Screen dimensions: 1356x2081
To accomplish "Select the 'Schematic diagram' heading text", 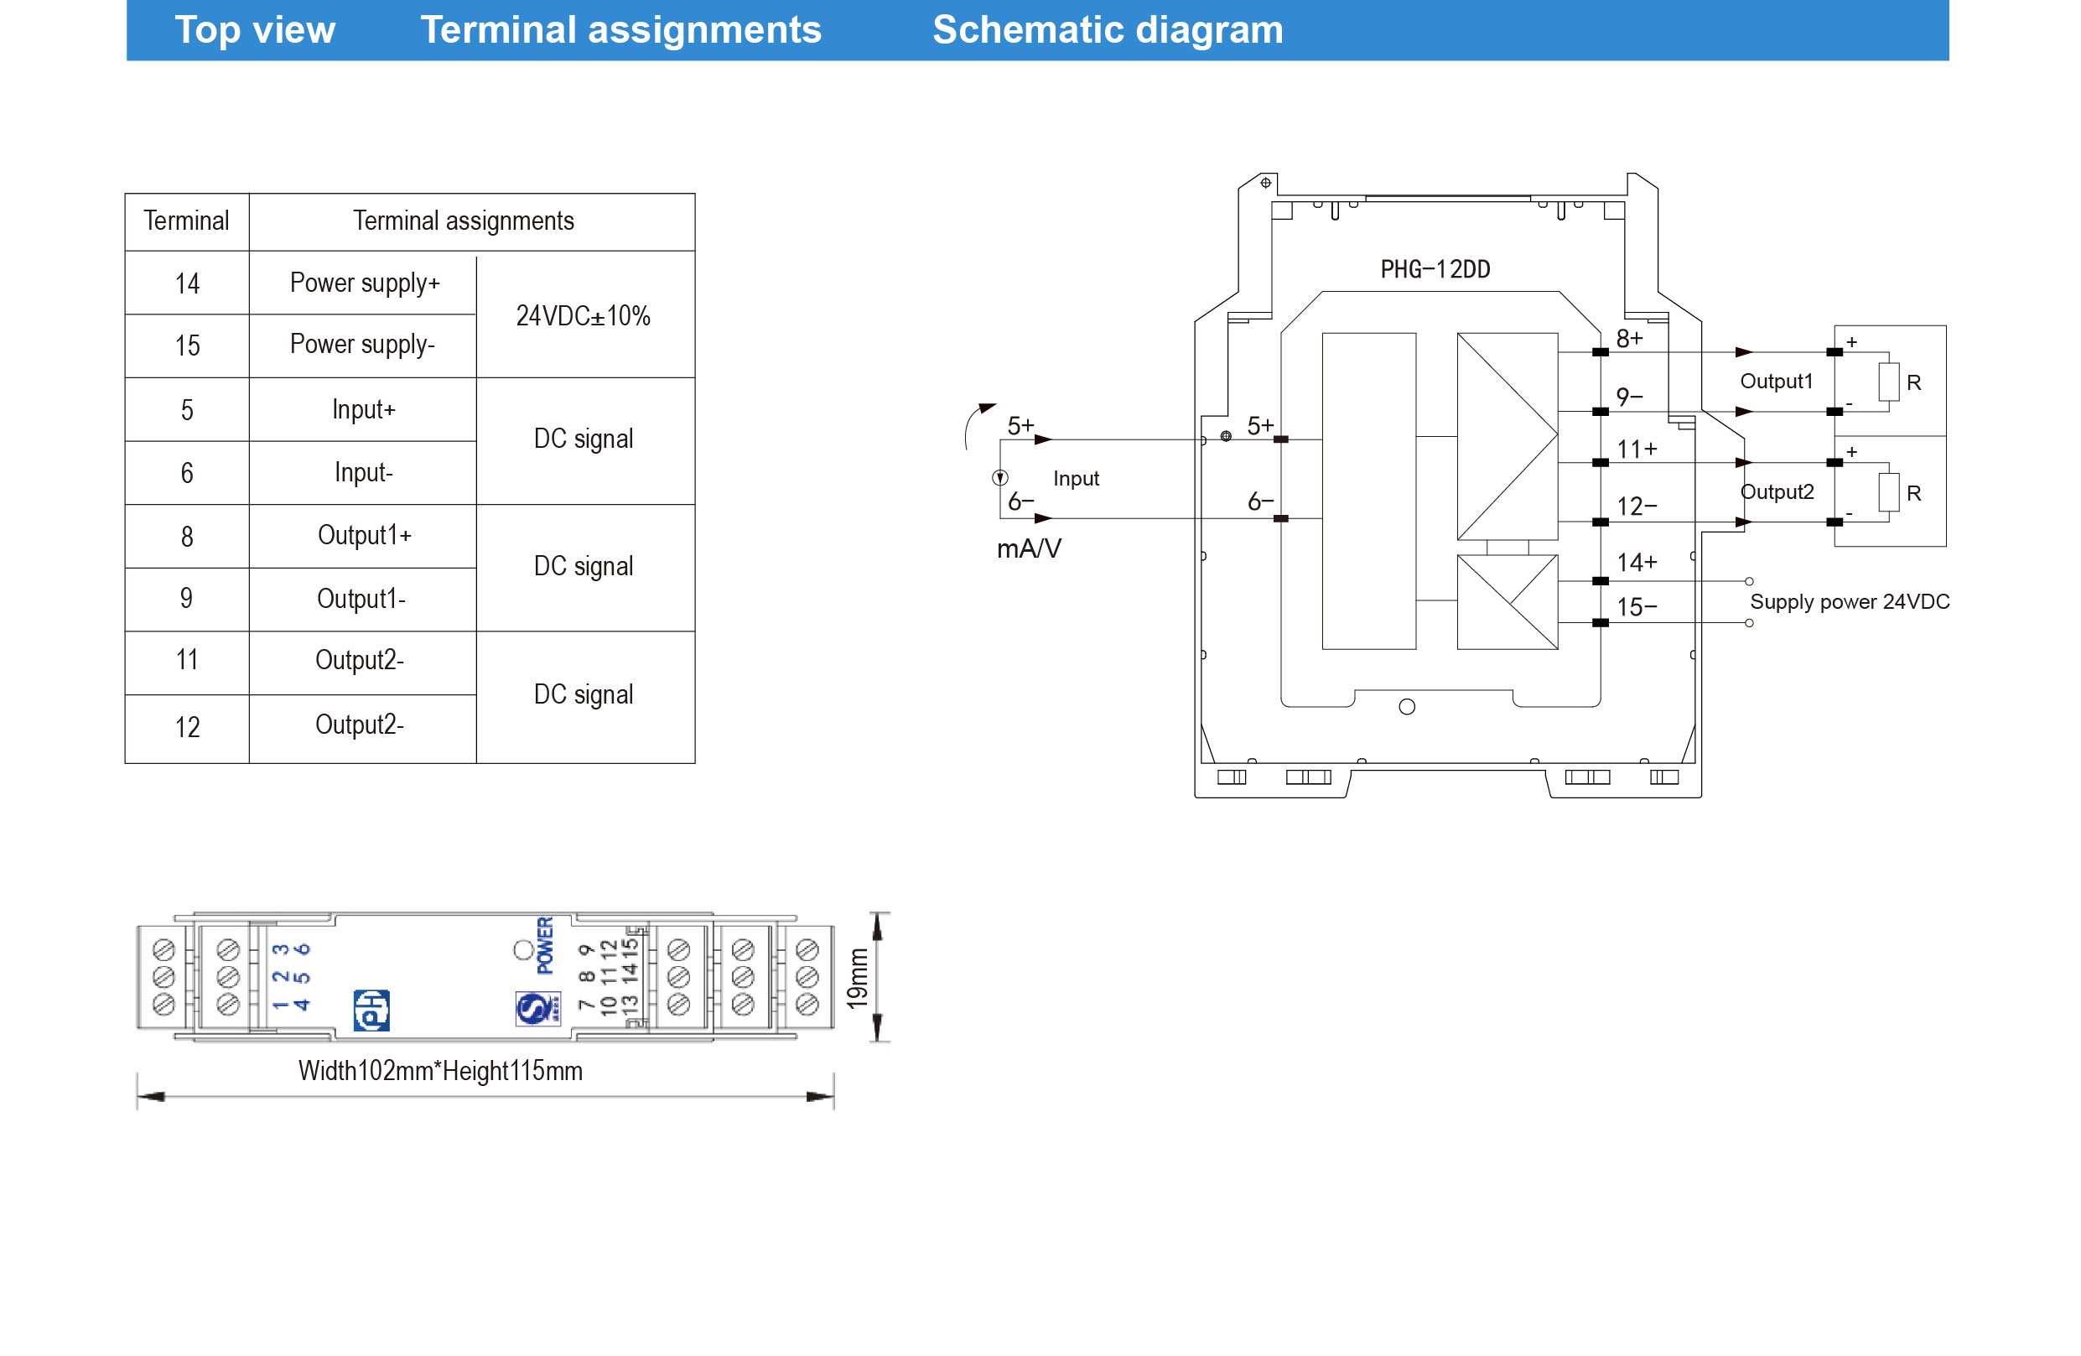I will click(1107, 30).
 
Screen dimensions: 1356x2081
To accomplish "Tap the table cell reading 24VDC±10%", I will click(583, 315).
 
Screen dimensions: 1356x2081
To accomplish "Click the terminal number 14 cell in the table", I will click(187, 284).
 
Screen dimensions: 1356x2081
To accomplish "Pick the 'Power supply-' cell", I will click(362, 345).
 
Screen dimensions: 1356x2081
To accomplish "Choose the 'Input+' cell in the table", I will click(363, 409).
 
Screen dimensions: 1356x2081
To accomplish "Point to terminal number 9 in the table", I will click(186, 599).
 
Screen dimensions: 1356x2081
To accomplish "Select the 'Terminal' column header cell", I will click(186, 221).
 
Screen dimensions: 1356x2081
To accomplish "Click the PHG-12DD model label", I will click(1435, 269).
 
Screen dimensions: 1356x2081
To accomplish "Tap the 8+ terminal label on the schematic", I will click(1629, 338).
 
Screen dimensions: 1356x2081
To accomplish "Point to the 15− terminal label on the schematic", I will click(1636, 607).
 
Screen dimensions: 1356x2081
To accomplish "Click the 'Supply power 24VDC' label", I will click(1850, 601).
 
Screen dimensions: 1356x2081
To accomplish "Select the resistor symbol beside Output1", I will click(1888, 382).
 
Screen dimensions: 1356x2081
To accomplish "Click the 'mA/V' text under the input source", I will click(1028, 548).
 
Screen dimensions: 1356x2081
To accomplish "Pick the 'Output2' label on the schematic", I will click(1777, 491).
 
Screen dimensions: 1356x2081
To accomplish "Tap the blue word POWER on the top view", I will click(545, 945).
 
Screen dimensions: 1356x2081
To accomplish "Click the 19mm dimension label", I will click(858, 978).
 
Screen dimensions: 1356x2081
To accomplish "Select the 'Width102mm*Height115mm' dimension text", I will click(440, 1070).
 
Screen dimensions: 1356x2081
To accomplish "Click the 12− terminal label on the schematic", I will click(1636, 507).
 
